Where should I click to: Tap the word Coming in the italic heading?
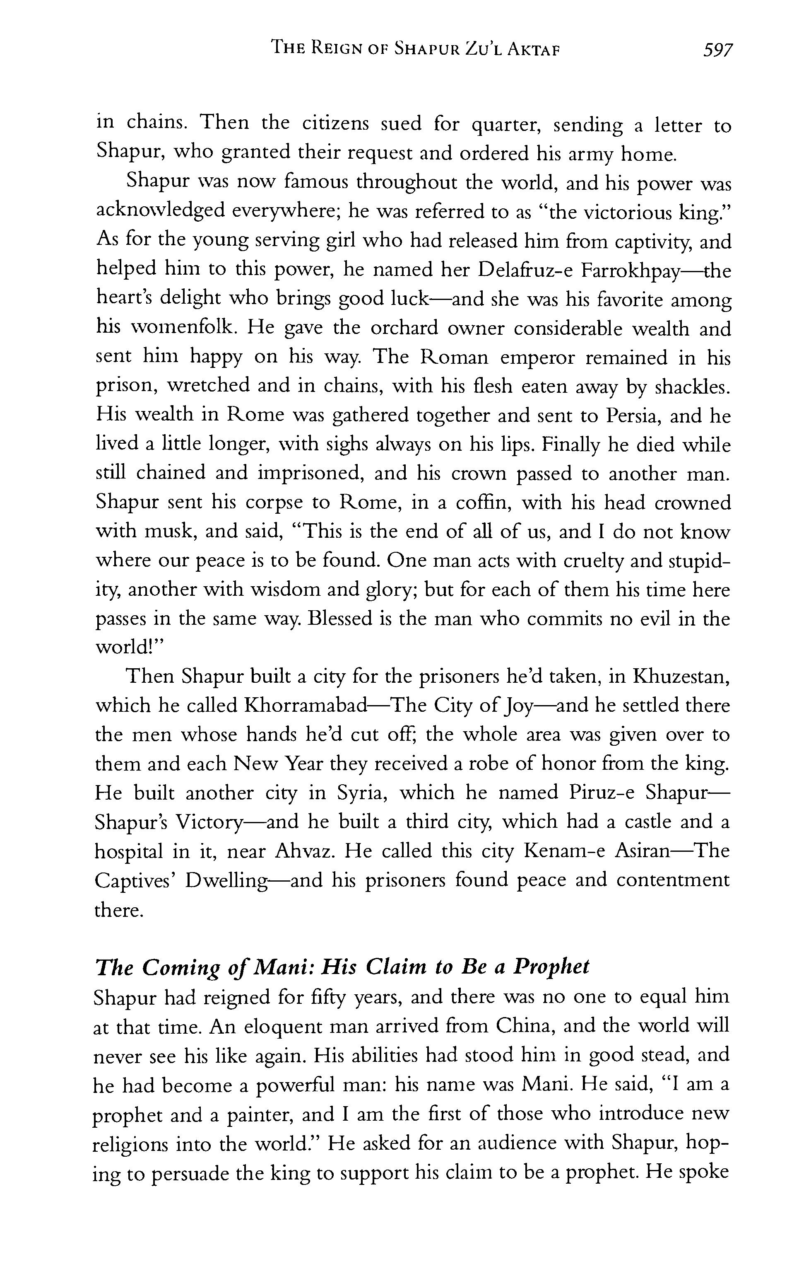[x=180, y=967]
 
